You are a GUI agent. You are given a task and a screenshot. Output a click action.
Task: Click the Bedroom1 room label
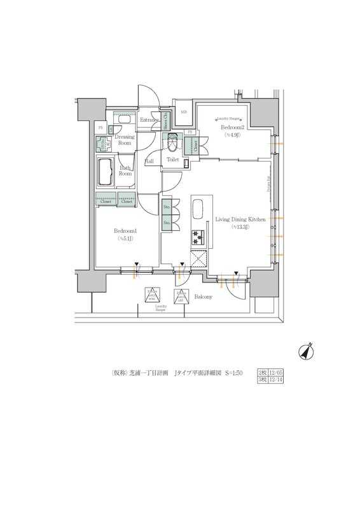click(125, 230)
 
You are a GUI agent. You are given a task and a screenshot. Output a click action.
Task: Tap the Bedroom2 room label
click(230, 127)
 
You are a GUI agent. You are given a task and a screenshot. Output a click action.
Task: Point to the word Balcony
click(203, 296)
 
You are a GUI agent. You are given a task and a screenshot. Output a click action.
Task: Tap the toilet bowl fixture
click(174, 141)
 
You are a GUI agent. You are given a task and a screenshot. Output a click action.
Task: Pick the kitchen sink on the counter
click(197, 211)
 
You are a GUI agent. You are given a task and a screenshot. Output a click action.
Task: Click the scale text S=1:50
click(233, 373)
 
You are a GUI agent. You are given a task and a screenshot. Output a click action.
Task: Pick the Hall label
click(149, 162)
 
